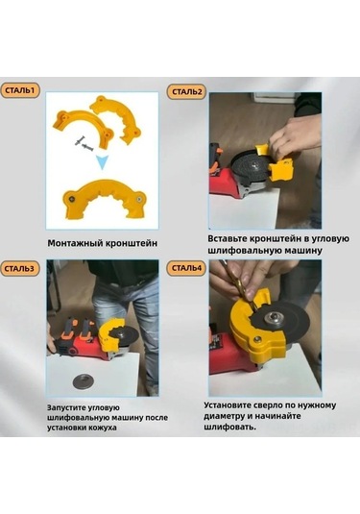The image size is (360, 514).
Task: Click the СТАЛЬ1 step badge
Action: tap(20, 90)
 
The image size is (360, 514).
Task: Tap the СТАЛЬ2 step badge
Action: tap(187, 91)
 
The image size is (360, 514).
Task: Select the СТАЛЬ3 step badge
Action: tap(20, 268)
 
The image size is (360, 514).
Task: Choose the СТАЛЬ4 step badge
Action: tap(187, 268)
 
